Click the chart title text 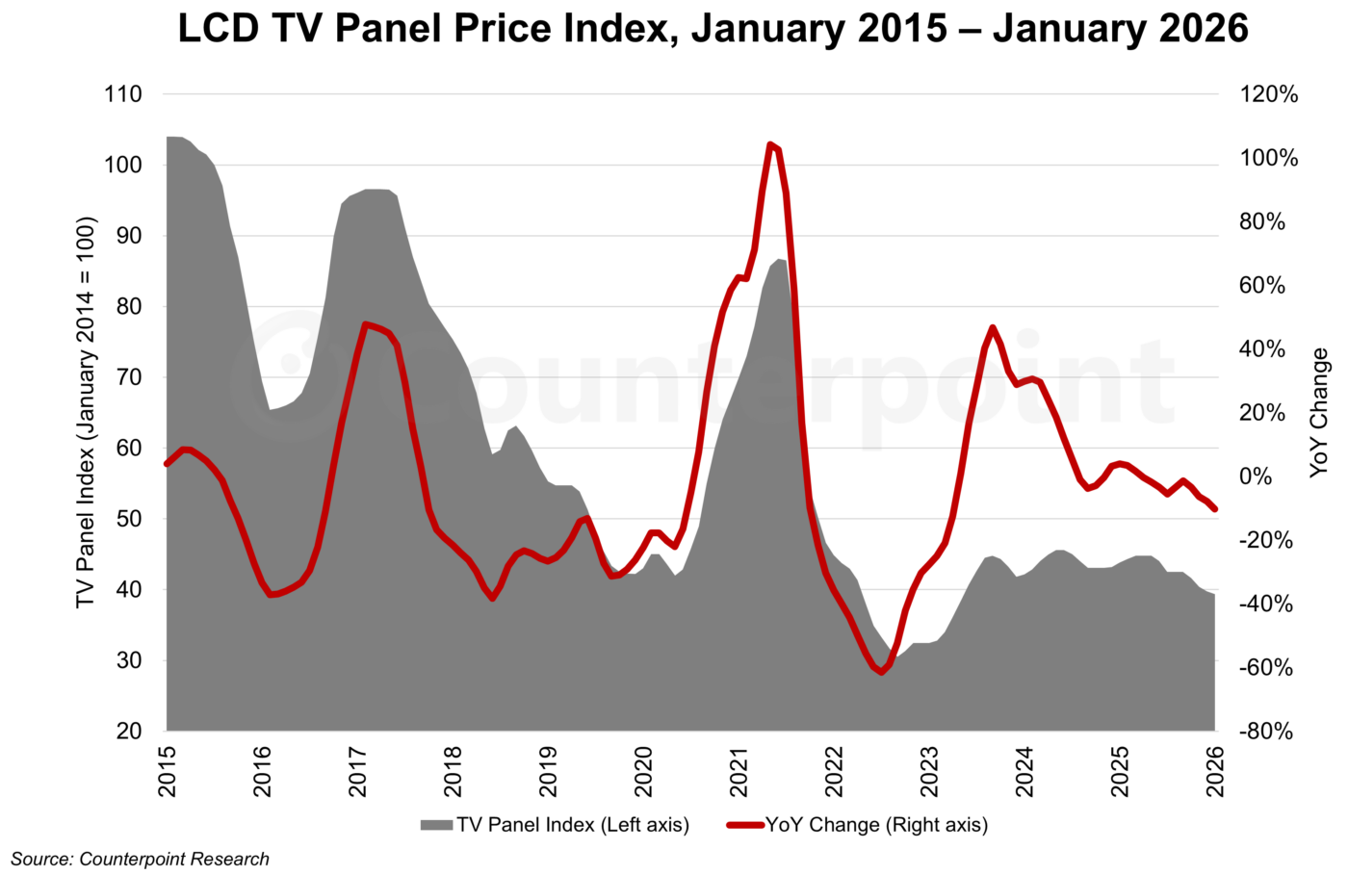tap(713, 29)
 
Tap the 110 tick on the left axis tap(122, 94)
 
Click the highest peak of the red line tap(770, 145)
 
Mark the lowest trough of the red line tap(880, 672)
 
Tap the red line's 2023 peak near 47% tap(993, 328)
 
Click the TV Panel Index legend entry tap(555, 825)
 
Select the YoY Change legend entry tap(858, 825)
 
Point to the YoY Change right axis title tap(1319, 412)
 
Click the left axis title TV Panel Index tap(86, 412)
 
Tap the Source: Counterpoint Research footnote tap(141, 859)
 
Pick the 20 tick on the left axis tap(129, 732)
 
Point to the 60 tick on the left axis tap(129, 449)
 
